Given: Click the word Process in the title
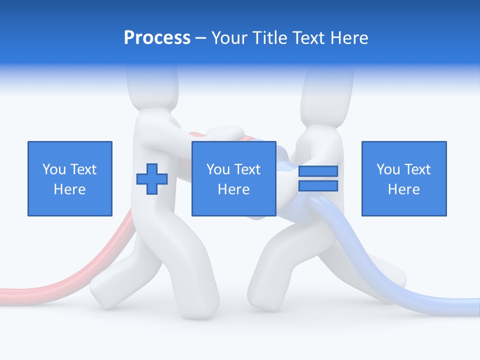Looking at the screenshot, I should click(157, 38).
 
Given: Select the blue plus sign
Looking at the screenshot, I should click(152, 179).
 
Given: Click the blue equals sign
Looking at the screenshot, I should click(318, 178).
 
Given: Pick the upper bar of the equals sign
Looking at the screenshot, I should click(318, 171).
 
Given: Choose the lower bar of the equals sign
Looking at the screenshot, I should click(318, 185).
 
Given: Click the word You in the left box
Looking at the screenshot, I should click(54, 169).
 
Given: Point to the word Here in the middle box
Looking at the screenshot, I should click(233, 189).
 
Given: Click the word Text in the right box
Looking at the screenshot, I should click(418, 169).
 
